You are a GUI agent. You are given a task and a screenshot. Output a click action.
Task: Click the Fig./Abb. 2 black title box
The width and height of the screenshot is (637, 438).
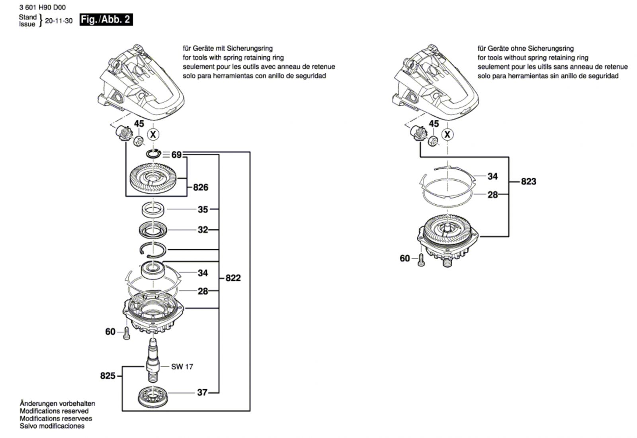click(106, 20)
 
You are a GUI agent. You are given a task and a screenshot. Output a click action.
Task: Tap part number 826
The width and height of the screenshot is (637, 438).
click(201, 187)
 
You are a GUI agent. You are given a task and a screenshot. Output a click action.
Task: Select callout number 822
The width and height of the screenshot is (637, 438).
click(233, 278)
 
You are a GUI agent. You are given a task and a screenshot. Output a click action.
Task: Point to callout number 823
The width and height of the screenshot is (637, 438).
click(528, 182)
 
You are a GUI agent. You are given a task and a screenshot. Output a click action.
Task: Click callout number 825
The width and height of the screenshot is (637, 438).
click(107, 375)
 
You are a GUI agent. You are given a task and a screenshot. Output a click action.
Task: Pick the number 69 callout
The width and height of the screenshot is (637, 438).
click(176, 154)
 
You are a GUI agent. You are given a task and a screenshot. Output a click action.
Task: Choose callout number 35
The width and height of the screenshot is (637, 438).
click(203, 209)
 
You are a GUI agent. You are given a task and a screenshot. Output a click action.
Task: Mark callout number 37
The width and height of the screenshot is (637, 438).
click(202, 393)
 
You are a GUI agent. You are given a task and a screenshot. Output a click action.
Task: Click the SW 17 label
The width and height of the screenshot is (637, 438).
click(182, 366)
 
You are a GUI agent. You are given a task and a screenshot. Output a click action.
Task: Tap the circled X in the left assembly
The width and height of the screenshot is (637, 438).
click(153, 135)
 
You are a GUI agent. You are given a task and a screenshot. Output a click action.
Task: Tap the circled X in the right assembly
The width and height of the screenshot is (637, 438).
click(447, 135)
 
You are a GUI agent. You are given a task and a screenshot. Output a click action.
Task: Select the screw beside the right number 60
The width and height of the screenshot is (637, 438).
click(421, 260)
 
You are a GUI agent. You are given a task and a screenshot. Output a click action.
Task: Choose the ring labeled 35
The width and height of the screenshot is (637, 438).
click(153, 209)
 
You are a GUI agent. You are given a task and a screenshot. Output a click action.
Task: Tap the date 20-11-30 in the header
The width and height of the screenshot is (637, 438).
click(59, 21)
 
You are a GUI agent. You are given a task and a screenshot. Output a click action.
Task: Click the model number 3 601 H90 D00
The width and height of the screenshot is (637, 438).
click(42, 7)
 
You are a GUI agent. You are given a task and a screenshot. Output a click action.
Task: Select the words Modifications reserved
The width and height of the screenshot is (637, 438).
click(54, 411)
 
